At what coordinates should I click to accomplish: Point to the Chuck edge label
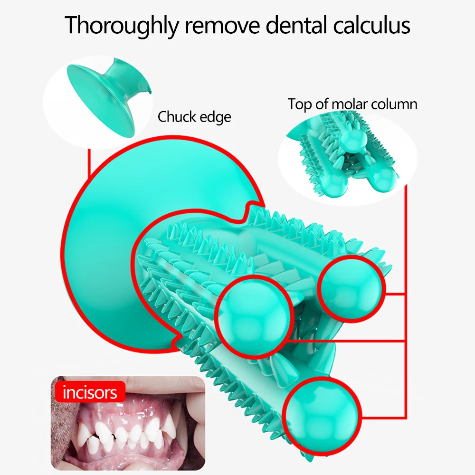pyautogui.click(x=194, y=116)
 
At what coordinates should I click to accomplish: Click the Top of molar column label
pyautogui.click(x=352, y=104)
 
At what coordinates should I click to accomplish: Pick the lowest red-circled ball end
pyautogui.click(x=318, y=413)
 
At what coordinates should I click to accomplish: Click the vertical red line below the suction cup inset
pyautogui.click(x=89, y=164)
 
